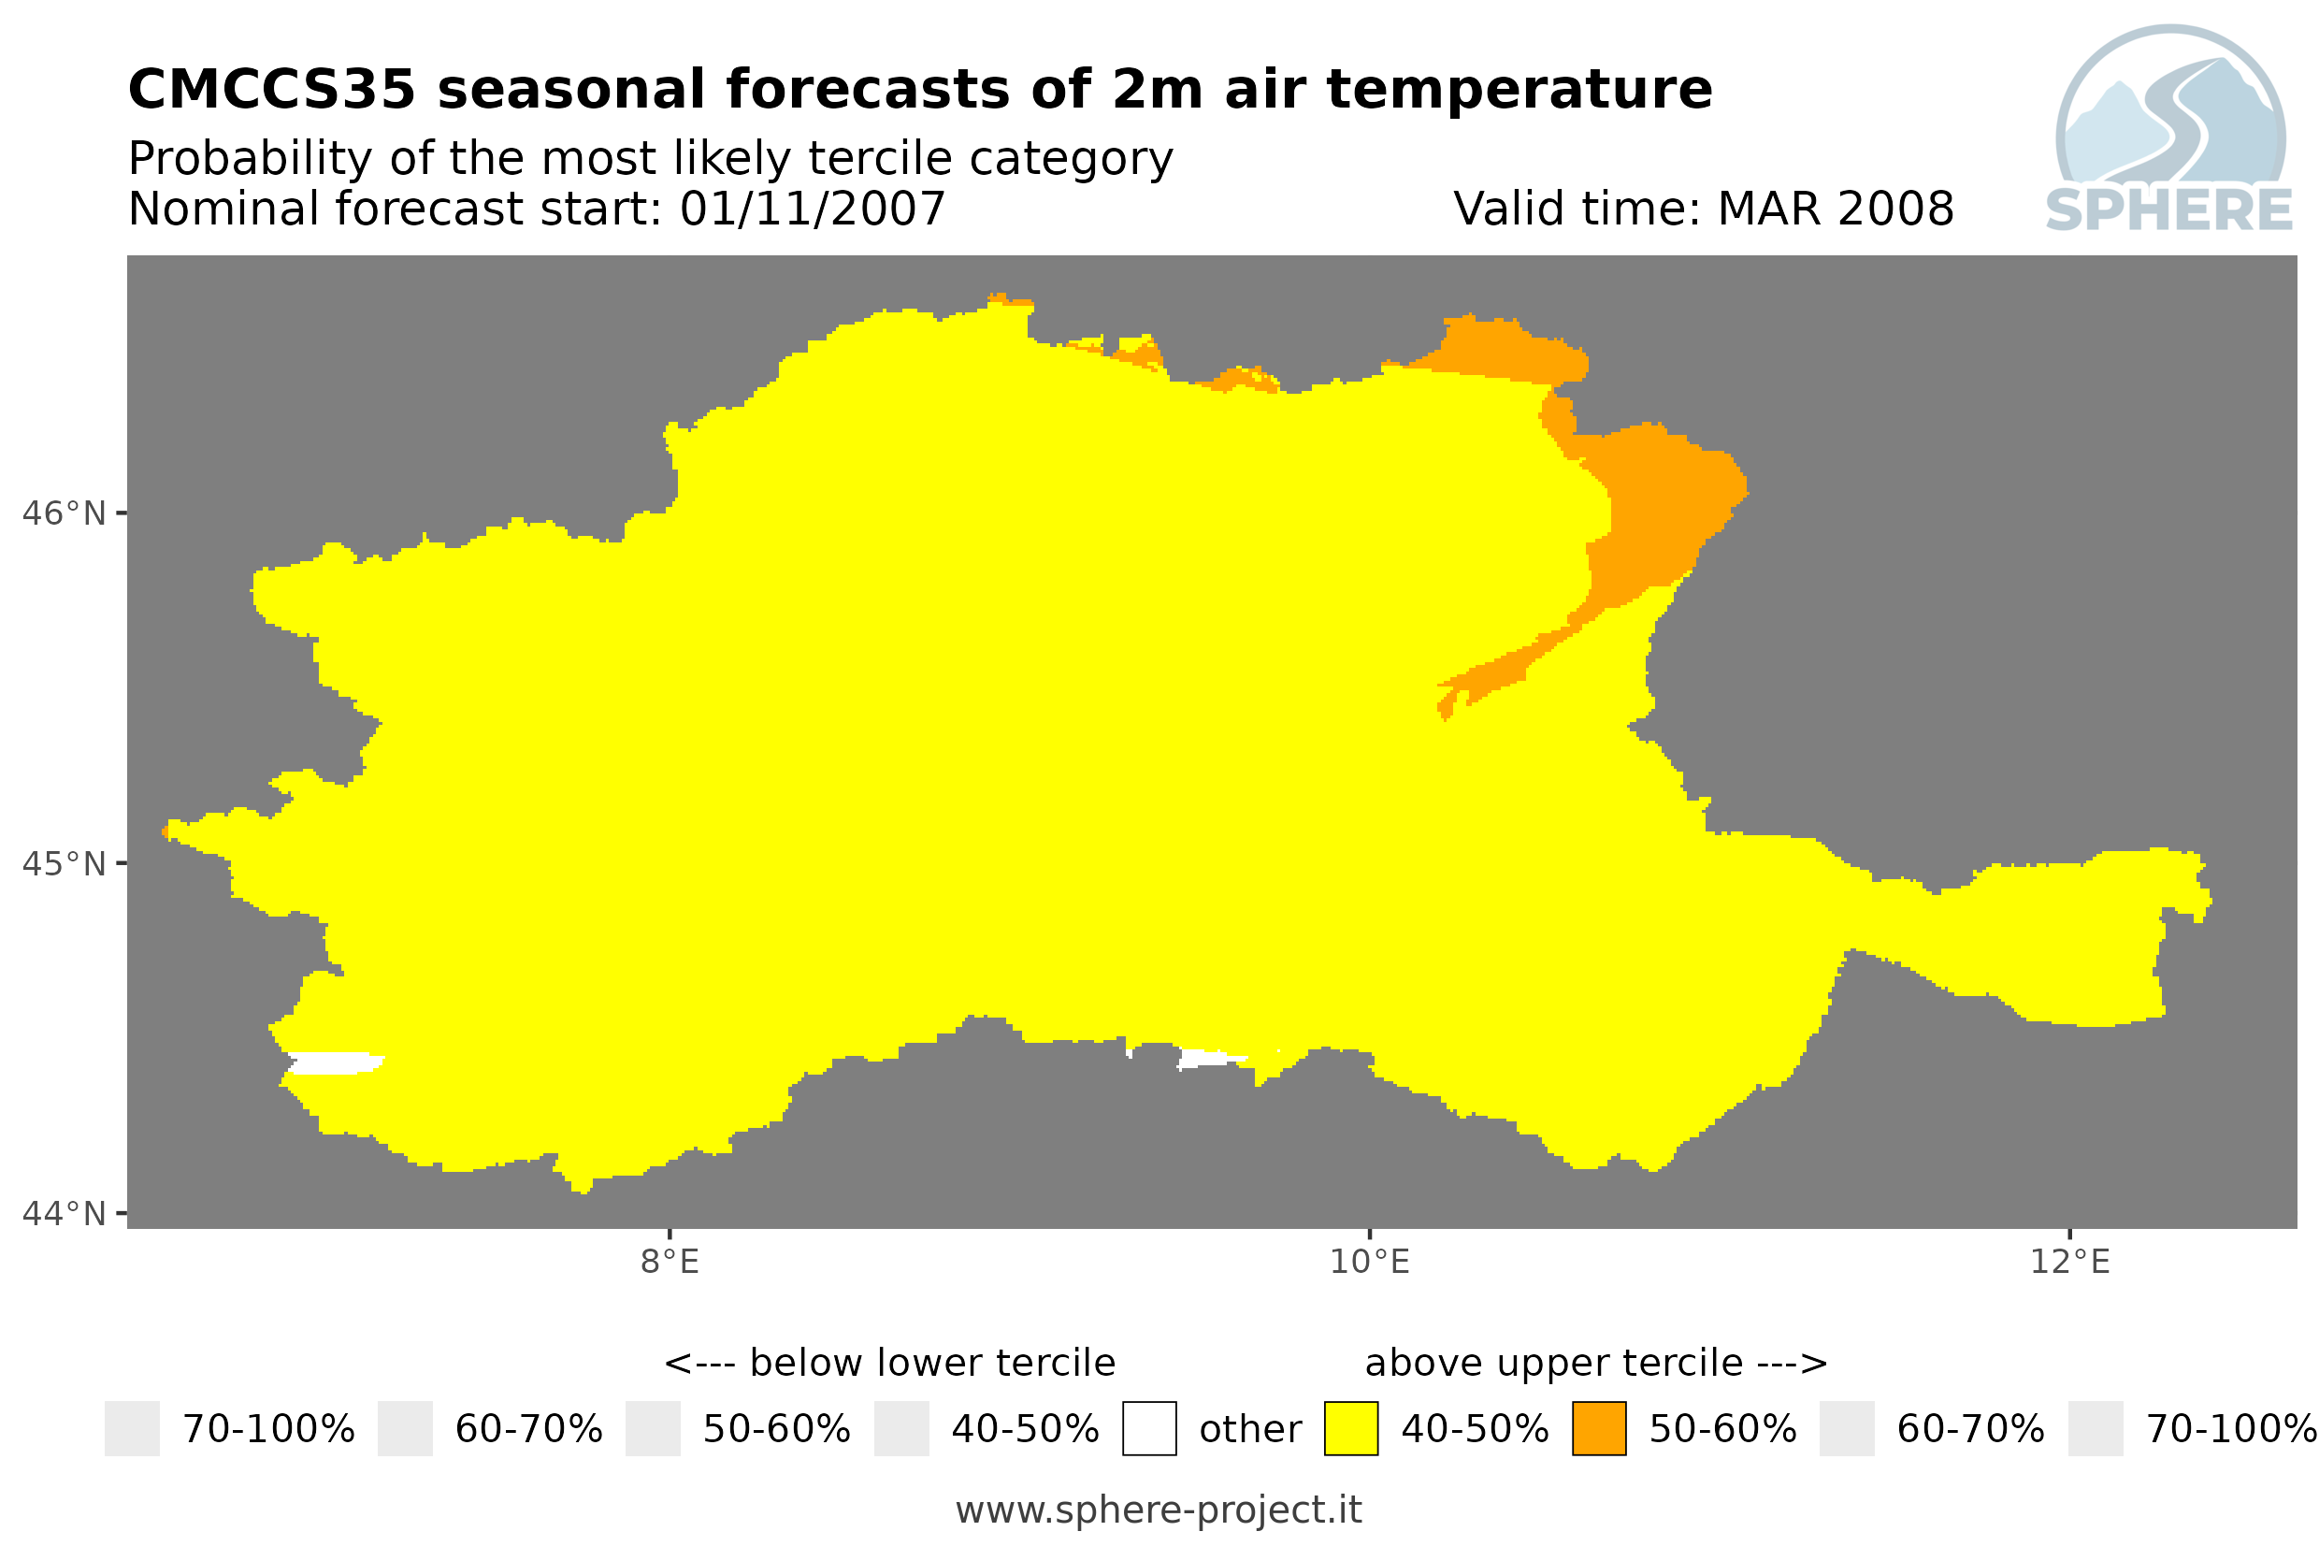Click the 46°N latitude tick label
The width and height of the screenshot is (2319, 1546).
coord(63,513)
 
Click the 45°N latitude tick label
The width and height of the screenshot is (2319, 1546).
coord(63,863)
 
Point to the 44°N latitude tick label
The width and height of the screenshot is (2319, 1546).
coord(63,1214)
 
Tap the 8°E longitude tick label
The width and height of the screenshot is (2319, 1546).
coord(670,1262)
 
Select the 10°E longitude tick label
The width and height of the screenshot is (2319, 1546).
coord(1370,1262)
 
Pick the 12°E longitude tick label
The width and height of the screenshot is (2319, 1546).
coord(2069,1262)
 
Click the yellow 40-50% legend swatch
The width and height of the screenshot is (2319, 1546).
coord(1351,1429)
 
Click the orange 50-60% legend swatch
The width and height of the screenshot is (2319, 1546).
coord(1599,1429)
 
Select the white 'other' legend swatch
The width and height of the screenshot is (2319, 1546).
coord(1149,1429)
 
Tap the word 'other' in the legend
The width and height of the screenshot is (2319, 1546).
coord(1249,1430)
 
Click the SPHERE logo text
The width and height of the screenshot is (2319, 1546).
coord(2169,210)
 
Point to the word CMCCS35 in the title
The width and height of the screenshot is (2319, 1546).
coord(272,90)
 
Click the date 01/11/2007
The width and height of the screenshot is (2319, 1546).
coord(812,209)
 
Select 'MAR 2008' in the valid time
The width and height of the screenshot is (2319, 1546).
coord(1835,209)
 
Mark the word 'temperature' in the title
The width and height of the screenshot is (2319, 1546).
coord(1518,90)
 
